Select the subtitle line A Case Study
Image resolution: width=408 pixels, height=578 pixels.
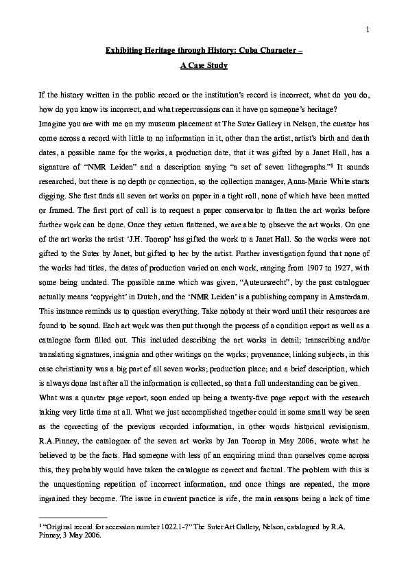coord(204,66)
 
